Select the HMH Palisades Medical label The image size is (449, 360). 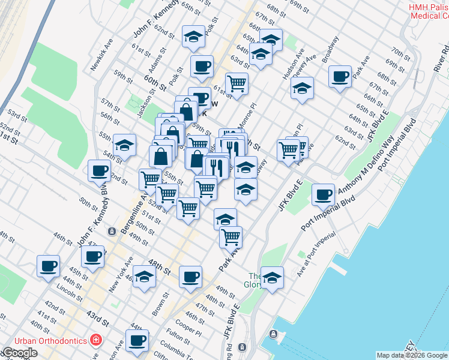coord(428,11)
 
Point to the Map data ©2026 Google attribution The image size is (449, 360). coord(412,355)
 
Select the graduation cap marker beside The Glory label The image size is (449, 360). coord(272,277)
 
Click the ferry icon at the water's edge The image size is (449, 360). coord(274,334)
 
